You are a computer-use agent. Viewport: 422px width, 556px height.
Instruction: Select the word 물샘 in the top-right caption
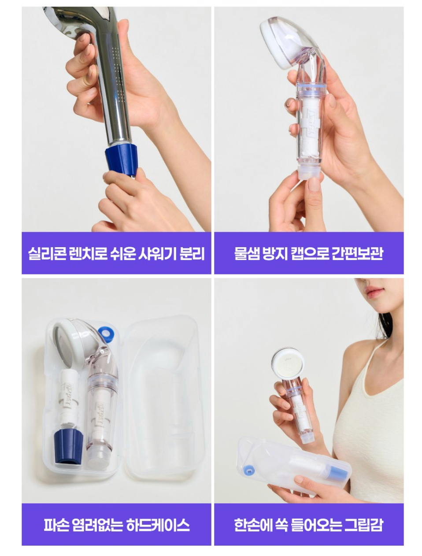(247, 254)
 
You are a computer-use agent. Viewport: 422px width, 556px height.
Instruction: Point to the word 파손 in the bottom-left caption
(56, 525)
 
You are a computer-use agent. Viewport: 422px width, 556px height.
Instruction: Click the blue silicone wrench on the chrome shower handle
(121, 160)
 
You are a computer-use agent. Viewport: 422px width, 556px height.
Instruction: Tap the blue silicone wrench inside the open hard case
(68, 446)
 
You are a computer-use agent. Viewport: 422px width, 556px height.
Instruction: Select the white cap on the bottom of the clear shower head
(310, 172)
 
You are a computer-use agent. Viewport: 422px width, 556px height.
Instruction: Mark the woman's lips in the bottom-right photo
(375, 291)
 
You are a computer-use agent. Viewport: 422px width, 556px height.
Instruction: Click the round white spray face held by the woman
(288, 364)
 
